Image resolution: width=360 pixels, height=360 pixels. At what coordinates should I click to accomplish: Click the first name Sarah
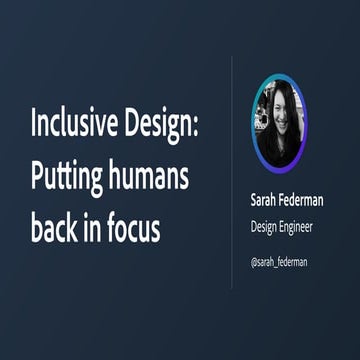(x=266, y=200)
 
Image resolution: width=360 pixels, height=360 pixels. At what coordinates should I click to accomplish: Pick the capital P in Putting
(x=36, y=180)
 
